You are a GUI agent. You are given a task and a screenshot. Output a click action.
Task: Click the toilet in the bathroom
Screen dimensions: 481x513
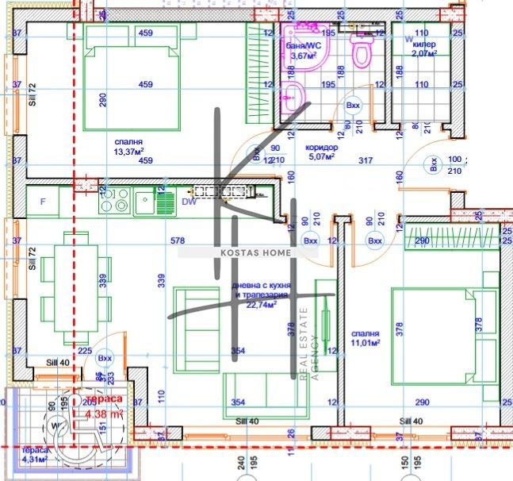click(x=362, y=53)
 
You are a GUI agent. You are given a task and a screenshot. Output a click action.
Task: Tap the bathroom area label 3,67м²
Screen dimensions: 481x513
click(x=303, y=56)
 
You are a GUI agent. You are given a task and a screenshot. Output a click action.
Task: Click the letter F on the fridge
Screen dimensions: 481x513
click(x=43, y=202)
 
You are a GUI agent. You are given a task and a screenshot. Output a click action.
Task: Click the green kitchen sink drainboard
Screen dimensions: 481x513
click(x=165, y=201)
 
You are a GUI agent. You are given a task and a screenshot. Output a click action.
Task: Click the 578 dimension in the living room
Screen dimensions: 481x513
click(x=177, y=240)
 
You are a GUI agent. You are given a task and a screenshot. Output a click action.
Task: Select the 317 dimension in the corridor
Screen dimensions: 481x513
click(x=366, y=161)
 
